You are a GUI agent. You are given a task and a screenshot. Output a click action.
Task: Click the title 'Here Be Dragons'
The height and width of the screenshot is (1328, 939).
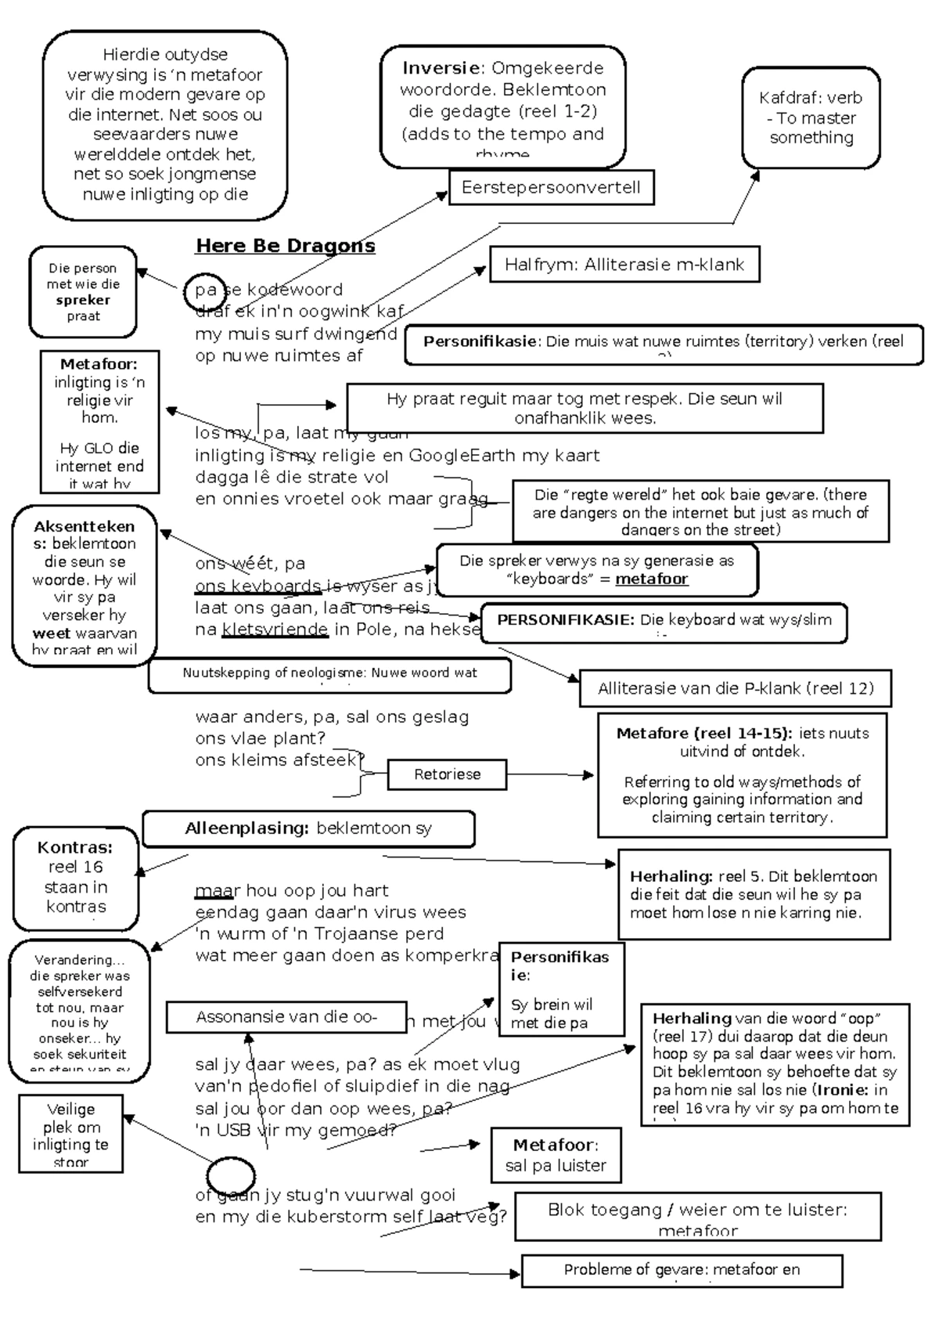285,246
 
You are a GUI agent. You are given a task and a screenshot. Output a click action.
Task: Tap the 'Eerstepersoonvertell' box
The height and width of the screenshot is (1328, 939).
551,188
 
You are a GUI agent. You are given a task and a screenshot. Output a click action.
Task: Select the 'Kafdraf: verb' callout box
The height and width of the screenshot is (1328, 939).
811,117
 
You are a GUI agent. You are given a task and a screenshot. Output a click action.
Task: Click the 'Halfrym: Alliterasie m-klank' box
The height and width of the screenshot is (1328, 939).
624,265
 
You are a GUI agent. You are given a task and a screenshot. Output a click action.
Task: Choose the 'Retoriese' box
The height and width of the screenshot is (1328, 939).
447,774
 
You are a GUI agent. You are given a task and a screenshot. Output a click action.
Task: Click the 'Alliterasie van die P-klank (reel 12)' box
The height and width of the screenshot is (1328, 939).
735,689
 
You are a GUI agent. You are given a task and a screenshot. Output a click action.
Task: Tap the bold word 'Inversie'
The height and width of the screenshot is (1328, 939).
440,68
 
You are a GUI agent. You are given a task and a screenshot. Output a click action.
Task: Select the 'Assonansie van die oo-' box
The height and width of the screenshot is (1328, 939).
286,1017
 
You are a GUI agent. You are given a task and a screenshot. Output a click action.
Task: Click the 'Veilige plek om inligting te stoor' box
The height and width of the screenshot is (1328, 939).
70,1134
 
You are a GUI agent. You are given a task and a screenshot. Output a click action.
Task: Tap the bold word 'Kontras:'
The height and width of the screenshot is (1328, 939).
75,847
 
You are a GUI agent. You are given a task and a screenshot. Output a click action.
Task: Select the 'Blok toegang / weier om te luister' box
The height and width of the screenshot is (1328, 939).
697,1216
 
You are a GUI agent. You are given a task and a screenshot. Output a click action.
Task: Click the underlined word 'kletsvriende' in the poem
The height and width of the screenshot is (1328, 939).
275,630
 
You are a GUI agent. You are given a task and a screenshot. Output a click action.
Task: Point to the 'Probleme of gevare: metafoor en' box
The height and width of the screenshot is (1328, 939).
682,1270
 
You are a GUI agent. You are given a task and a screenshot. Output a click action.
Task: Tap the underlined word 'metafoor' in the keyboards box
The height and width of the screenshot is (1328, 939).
651,579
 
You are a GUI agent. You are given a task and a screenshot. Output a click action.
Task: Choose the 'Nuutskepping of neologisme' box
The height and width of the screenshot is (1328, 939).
329,674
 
